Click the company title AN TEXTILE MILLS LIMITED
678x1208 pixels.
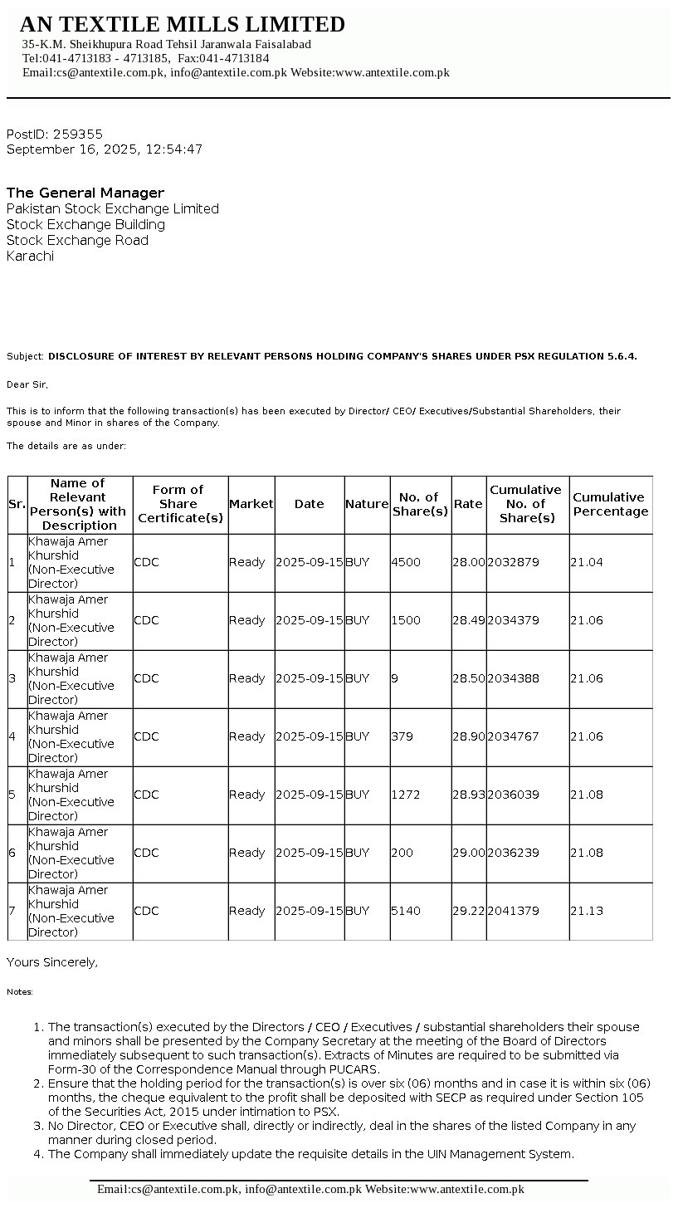(x=183, y=24)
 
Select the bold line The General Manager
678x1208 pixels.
(x=85, y=193)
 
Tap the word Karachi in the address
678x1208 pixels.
(x=30, y=256)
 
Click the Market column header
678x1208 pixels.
(x=251, y=504)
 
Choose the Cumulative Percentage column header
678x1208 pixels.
(x=610, y=504)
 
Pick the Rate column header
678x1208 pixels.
(x=468, y=504)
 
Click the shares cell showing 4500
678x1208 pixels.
(x=406, y=562)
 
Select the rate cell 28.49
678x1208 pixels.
(x=468, y=620)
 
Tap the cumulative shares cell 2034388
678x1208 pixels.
(x=513, y=678)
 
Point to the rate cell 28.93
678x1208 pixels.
(x=468, y=795)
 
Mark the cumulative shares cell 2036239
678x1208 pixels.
(x=513, y=853)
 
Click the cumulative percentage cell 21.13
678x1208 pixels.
(x=587, y=911)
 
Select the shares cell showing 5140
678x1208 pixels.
(x=406, y=911)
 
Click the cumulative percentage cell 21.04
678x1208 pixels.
(x=587, y=562)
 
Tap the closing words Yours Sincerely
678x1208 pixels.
(x=52, y=962)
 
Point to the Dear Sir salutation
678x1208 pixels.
(x=27, y=384)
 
